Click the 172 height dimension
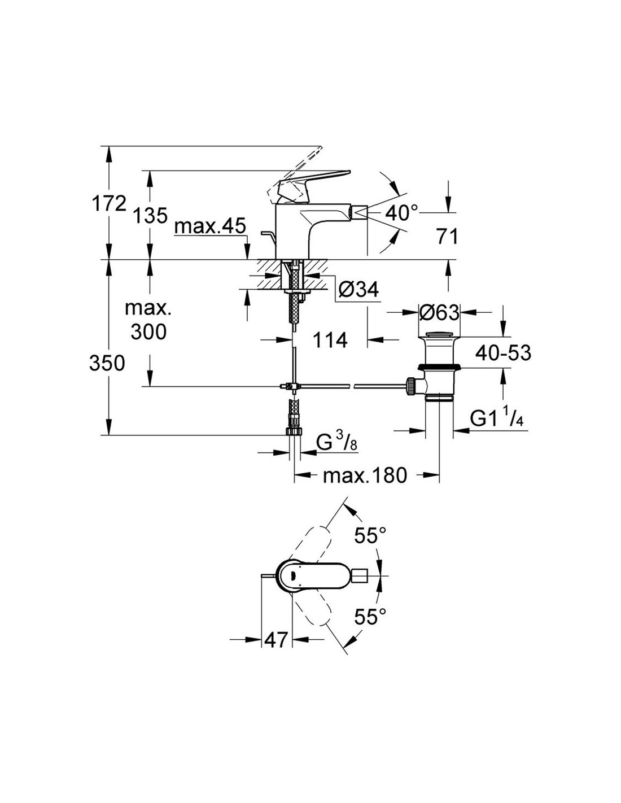click(109, 204)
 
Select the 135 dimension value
click(150, 216)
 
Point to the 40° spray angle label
click(401, 213)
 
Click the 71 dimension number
click(447, 237)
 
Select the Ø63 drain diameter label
click(439, 313)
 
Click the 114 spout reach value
click(330, 339)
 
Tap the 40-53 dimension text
click(503, 353)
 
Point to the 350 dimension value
click(107, 364)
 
